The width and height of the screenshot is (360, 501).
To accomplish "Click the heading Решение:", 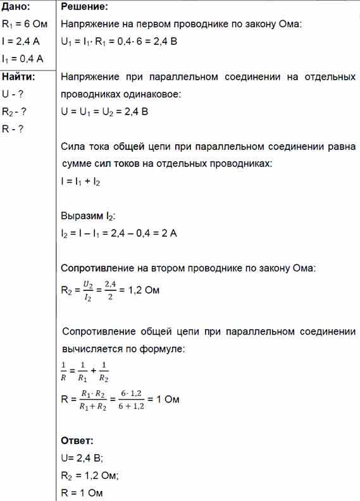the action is click(84, 8).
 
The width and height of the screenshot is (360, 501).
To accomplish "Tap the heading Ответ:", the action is click(77, 441).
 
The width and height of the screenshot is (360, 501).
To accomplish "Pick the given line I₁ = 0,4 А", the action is click(23, 59).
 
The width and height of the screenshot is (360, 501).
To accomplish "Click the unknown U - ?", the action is click(13, 95).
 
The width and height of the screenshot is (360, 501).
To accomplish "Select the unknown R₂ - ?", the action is click(15, 112).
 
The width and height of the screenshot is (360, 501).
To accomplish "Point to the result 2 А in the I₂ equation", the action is click(170, 233).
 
